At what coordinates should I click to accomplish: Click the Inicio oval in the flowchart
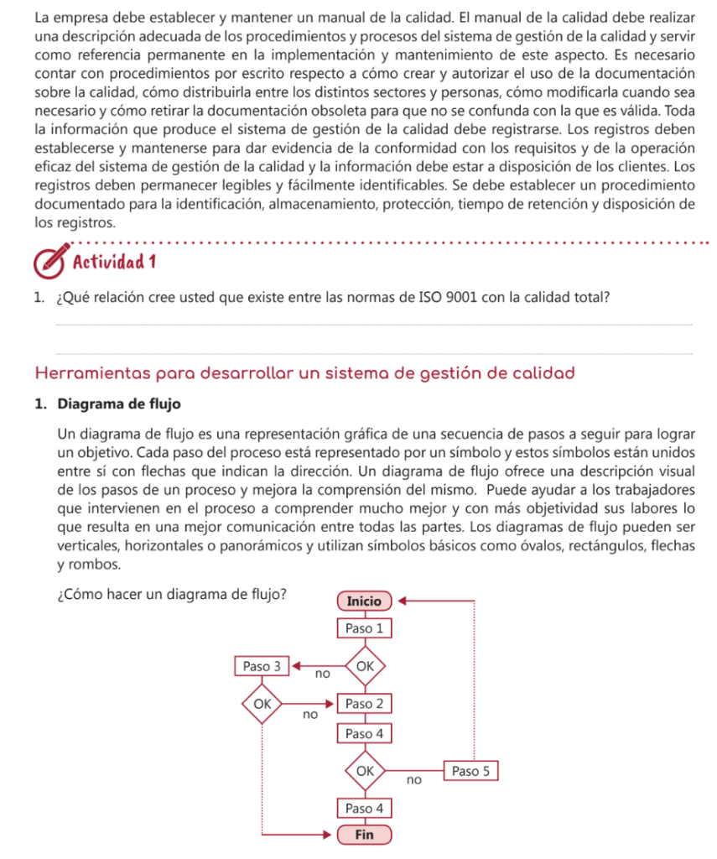364,601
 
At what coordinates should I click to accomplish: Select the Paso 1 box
364,628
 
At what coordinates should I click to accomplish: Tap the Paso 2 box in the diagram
364,705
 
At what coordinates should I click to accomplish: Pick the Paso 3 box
262,666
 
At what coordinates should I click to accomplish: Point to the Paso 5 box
471,771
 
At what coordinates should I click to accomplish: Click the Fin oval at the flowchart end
364,835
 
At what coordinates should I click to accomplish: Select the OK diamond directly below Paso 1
364,666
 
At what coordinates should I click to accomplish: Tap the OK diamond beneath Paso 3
262,704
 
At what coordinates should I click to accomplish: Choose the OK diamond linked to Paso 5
364,770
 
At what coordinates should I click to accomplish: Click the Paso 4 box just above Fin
364,809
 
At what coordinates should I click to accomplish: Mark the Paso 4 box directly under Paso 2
364,734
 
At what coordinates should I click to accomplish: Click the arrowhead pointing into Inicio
401,601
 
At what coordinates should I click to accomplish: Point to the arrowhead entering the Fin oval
330,835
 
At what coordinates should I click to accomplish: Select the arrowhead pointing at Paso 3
296,666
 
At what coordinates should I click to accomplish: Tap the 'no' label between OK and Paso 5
413,780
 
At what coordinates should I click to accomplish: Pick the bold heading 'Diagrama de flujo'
119,404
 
